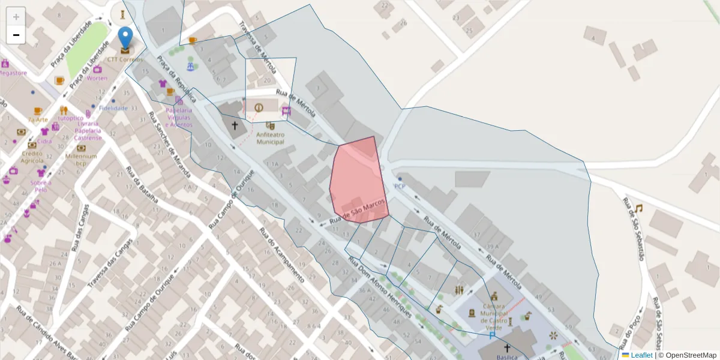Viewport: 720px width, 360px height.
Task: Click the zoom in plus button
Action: pos(16,16)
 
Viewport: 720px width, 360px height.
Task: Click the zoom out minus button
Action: pos(16,35)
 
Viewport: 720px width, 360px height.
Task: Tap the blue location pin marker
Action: pos(125,38)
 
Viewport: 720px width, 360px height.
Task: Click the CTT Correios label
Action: pos(125,60)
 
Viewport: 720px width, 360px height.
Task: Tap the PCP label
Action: pos(400,186)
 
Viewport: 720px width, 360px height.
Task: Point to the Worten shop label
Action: pos(97,78)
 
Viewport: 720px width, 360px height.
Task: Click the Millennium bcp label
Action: pos(82,160)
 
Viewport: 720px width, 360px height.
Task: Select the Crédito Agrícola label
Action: pos(32,157)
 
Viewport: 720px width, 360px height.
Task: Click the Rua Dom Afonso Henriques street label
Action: pos(380,288)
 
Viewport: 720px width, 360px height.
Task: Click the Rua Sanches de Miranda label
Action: pos(170,145)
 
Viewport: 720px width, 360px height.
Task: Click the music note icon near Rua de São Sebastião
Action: pos(638,208)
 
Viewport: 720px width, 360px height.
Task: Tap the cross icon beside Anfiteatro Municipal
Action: pos(235,125)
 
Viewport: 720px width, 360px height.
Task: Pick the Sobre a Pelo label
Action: pos(41,185)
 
